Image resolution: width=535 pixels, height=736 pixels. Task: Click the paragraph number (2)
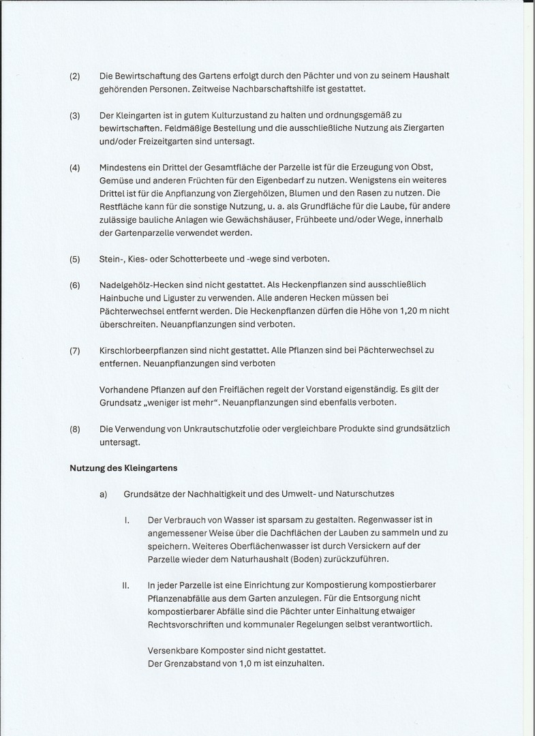pyautogui.click(x=75, y=76)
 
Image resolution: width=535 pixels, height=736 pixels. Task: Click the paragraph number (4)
pyautogui.click(x=75, y=168)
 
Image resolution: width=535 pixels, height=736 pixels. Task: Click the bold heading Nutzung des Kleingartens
pyautogui.click(x=123, y=468)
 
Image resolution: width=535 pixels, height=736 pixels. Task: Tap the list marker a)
pyautogui.click(x=104, y=494)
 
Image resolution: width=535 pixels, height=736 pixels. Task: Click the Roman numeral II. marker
pyautogui.click(x=126, y=585)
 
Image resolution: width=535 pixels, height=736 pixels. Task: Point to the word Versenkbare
pyautogui.click(x=173, y=650)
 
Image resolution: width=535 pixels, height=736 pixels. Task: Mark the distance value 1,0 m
pyautogui.click(x=240, y=663)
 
